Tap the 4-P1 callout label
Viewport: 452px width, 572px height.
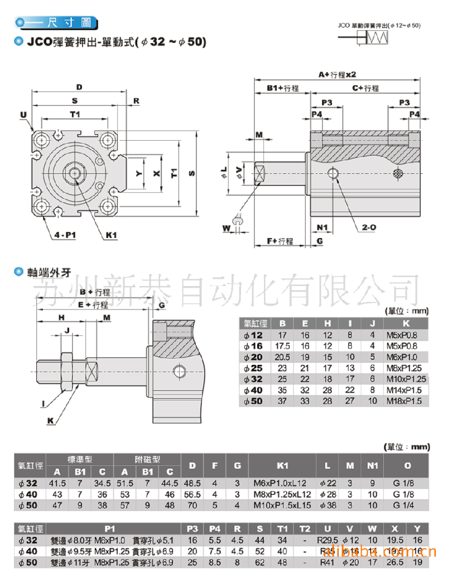(64, 235)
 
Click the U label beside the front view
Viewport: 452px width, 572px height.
(23, 115)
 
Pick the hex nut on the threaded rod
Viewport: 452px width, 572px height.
(66, 369)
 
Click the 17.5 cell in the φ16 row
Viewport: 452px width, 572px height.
(282, 346)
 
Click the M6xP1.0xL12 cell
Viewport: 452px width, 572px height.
(282, 483)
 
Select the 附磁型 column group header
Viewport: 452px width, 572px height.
(147, 459)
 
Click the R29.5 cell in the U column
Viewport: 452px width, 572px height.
(327, 541)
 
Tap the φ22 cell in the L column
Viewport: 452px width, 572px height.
(328, 483)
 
